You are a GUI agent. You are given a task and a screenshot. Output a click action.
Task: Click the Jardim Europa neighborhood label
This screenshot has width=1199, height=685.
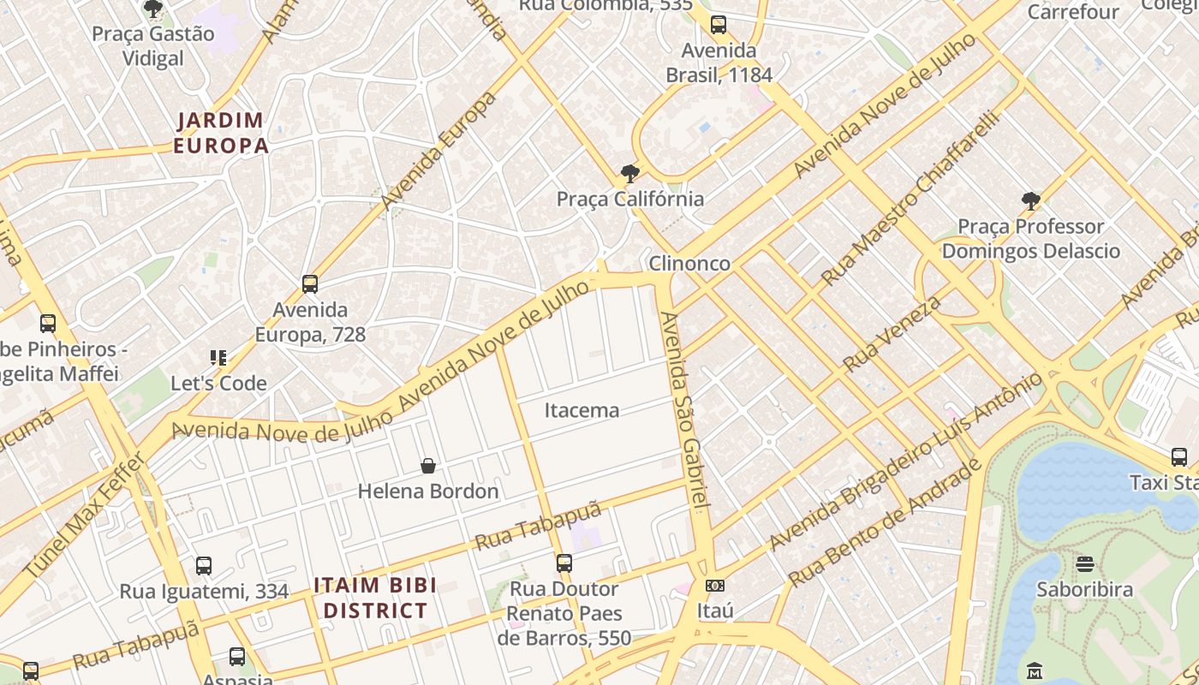221,133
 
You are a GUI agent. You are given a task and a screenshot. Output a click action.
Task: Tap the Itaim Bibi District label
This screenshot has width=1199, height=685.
375,598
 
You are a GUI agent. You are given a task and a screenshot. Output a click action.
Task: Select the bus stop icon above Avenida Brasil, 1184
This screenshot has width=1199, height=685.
719,25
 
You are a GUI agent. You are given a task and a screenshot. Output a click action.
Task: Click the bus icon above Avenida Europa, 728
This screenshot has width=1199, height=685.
310,283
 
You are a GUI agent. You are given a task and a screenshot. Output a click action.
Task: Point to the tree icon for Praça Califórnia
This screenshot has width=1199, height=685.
630,174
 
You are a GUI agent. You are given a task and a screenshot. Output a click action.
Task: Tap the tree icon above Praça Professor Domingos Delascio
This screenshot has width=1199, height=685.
1031,201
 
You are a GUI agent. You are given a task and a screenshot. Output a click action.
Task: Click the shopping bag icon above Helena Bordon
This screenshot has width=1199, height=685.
428,466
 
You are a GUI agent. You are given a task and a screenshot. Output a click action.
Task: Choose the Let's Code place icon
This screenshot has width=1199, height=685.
218,358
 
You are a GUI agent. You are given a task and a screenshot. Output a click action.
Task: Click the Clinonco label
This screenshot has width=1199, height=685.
689,263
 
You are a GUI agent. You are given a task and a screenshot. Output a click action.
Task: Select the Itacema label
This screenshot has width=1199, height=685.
582,410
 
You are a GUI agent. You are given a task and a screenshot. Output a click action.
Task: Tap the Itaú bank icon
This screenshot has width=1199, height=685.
715,586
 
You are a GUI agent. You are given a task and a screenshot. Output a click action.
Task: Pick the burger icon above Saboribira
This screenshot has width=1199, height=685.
1085,564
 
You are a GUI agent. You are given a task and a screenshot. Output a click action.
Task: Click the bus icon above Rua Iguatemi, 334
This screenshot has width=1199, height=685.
204,566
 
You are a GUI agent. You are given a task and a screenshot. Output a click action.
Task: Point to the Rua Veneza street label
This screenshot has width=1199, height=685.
892,333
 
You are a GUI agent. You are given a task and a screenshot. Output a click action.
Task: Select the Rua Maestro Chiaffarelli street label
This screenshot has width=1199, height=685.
911,198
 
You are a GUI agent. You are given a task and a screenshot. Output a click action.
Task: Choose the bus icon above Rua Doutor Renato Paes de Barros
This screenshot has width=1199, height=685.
564,563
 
